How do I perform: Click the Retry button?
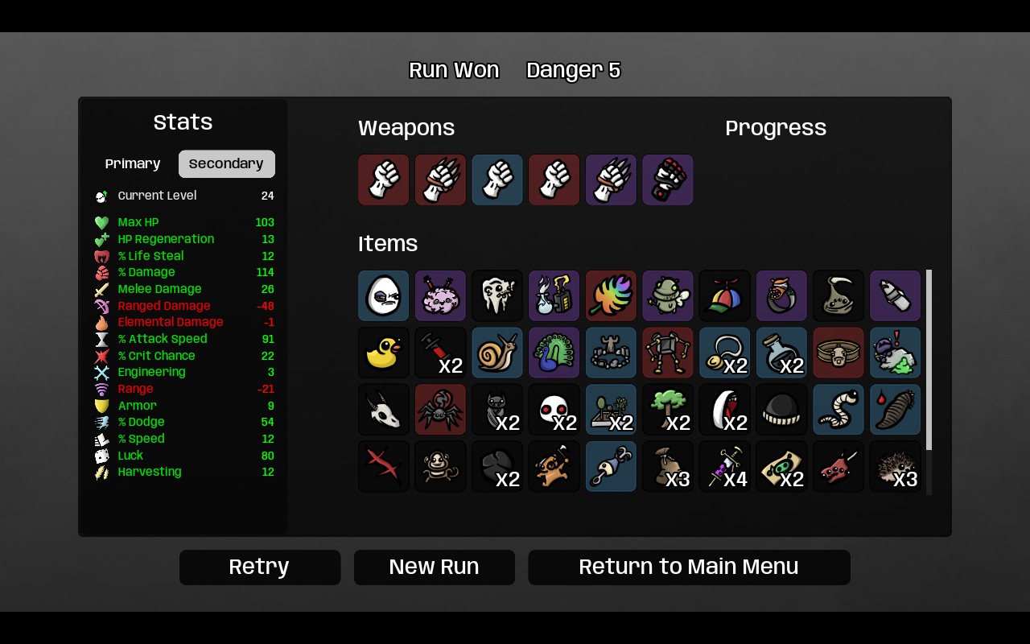tap(260, 567)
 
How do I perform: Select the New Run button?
tap(434, 567)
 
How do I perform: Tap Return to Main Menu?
tap(689, 567)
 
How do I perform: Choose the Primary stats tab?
tap(133, 163)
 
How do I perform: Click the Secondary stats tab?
tap(227, 163)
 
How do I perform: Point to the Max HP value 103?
tap(265, 222)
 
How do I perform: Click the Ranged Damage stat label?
tap(163, 305)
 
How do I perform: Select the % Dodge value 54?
tap(267, 422)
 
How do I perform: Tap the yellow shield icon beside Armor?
tap(101, 405)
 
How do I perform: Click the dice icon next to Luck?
tap(101, 456)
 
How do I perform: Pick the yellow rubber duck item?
tap(383, 353)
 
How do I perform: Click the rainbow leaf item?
tap(611, 295)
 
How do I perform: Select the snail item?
tap(497, 353)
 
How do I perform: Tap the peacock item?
tap(554, 353)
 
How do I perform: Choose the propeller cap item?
tap(725, 295)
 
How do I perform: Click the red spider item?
tap(440, 410)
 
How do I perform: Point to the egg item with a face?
tap(383, 295)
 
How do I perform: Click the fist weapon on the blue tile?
tap(497, 180)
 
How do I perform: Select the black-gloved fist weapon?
tap(668, 180)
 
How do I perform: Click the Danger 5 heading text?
tap(574, 70)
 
